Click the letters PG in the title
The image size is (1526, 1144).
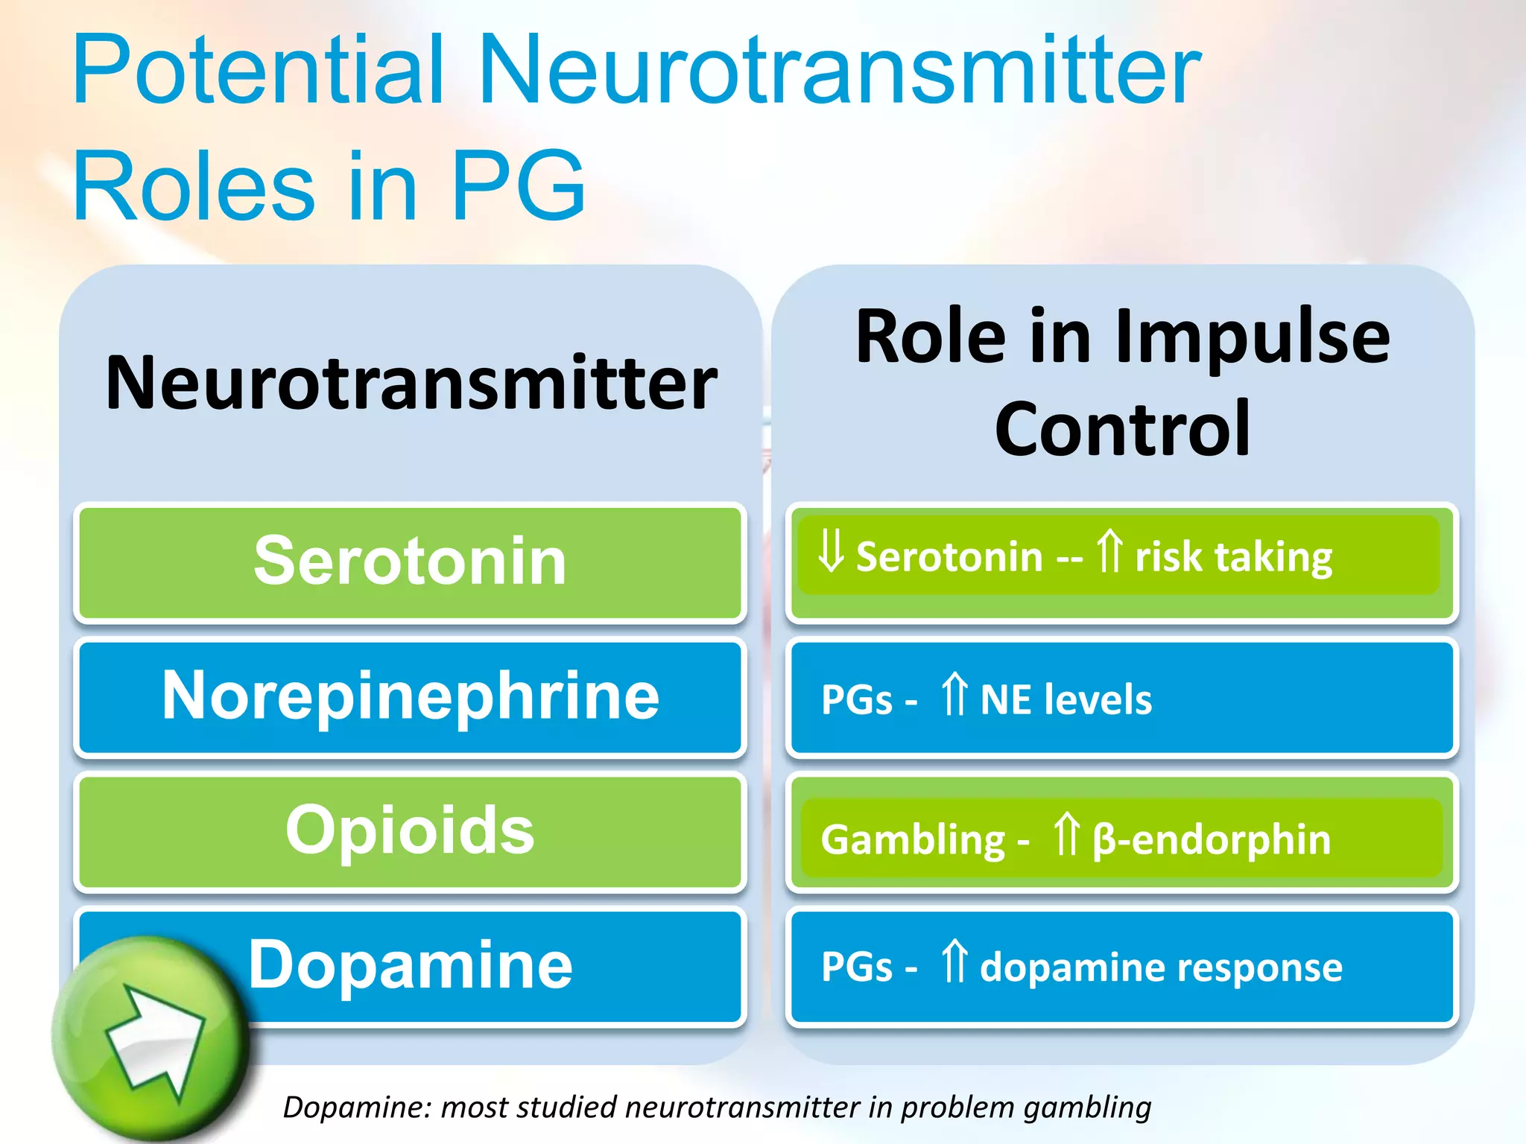point(517,186)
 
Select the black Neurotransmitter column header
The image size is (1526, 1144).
point(411,384)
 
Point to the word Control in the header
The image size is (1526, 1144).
point(1122,430)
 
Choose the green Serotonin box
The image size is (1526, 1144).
point(410,562)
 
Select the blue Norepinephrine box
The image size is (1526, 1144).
point(410,696)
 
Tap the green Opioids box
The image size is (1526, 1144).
point(410,830)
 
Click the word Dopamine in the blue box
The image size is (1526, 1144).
point(410,965)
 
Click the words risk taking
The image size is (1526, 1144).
point(1233,557)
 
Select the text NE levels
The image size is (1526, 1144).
point(1066,700)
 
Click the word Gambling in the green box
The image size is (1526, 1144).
point(913,840)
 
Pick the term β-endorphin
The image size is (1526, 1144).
point(1212,840)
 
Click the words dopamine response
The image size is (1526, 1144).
point(1161,968)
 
